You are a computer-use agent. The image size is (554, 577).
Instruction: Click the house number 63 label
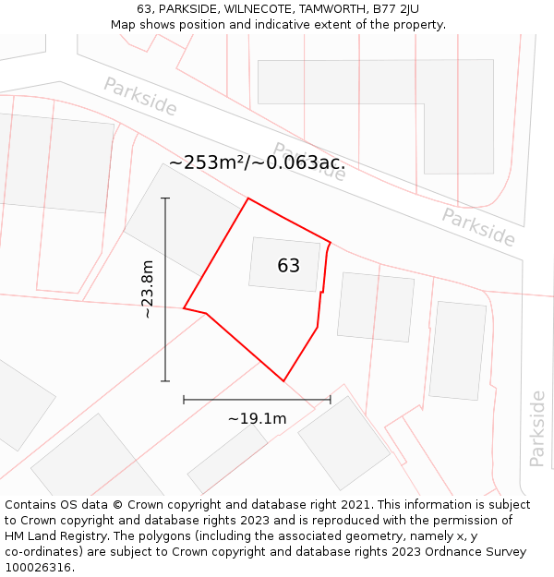point(288,266)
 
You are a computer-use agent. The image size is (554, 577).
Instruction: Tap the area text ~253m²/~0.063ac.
point(257,163)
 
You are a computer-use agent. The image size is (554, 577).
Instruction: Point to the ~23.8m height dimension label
point(147,289)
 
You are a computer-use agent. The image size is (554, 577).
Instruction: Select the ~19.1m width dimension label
point(257,419)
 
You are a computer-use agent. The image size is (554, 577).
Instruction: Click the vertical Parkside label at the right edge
point(537,428)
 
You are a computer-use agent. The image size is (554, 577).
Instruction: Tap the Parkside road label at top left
point(139,96)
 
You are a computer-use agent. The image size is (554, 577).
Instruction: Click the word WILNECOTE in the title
point(247,9)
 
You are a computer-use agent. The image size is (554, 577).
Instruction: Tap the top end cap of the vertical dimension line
point(165,198)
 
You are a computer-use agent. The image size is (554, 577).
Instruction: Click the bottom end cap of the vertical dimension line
point(165,380)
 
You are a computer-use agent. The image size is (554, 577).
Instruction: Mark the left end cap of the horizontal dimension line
point(184,400)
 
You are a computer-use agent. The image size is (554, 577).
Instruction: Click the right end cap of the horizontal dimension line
point(330,400)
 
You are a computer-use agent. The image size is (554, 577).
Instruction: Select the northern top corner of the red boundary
point(248,198)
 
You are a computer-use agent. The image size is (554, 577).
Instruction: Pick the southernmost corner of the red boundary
point(283,380)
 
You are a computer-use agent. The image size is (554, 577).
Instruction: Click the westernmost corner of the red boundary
point(184,308)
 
